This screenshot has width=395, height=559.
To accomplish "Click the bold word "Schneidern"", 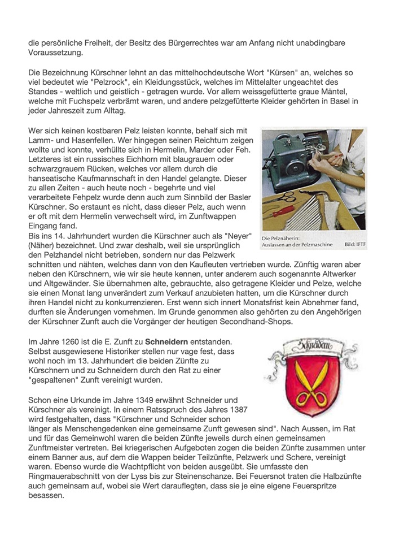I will point(166,343).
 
